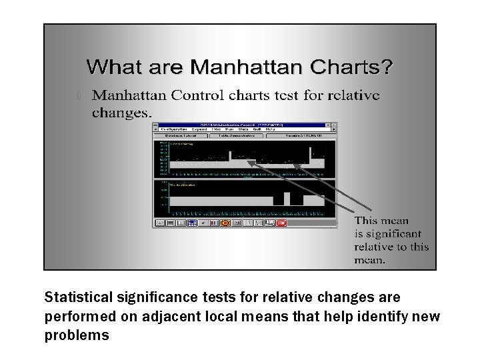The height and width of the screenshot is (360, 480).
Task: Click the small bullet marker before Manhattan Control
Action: [79, 96]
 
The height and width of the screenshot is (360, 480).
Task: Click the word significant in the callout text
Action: [387, 233]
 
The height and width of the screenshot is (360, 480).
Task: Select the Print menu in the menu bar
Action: [216, 129]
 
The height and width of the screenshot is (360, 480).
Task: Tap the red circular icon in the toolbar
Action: [225, 223]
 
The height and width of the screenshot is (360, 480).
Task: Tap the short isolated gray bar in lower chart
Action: [287, 198]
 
